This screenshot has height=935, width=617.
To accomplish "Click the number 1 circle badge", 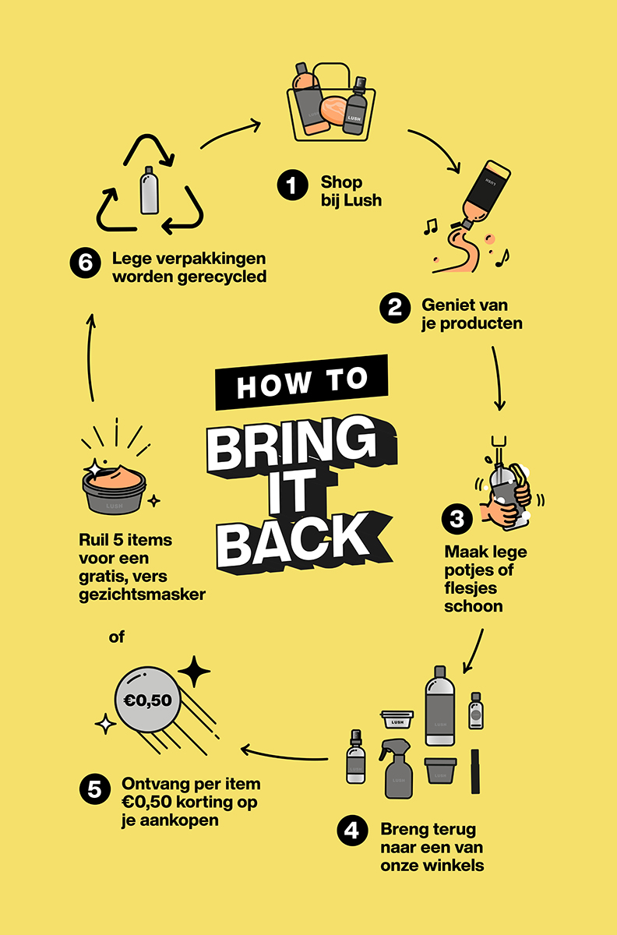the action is (x=292, y=185).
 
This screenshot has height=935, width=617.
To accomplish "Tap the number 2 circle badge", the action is (x=395, y=308).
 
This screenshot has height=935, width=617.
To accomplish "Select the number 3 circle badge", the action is (x=457, y=519).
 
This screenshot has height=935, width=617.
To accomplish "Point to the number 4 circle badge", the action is (x=352, y=831).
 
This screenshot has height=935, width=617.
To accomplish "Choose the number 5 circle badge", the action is (x=95, y=789).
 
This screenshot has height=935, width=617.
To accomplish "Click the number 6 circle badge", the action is (x=85, y=263).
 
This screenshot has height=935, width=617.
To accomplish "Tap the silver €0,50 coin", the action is (x=147, y=700).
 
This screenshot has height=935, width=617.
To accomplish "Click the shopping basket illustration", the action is (x=331, y=102).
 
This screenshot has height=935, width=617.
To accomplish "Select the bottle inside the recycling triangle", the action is (x=149, y=190).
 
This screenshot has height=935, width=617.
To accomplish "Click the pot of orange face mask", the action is (x=114, y=489).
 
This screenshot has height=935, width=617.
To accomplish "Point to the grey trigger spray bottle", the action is (x=397, y=769).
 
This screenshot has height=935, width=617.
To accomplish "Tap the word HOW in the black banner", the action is (x=274, y=386).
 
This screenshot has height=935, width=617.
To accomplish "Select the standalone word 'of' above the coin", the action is (x=117, y=637).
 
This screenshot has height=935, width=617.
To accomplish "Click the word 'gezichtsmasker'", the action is (x=142, y=595).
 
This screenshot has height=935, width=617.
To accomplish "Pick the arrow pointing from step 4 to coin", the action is (x=284, y=755).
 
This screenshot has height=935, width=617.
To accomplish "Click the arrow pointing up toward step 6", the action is (x=90, y=358).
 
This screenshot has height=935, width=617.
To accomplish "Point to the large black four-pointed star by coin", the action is (x=194, y=671).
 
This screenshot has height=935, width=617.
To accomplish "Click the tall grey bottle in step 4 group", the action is (x=439, y=705).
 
